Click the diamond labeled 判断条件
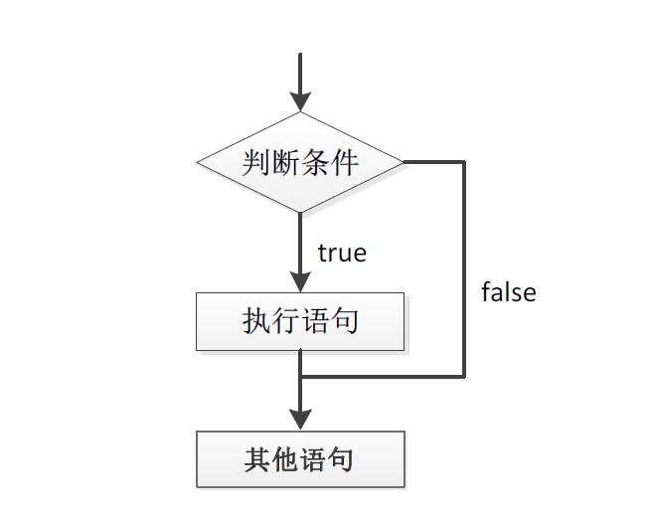300,162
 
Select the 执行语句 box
300,321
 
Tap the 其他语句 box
300,459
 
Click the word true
342,254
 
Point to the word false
508,292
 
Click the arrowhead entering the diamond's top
300,100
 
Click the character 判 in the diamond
257,162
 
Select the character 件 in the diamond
343,162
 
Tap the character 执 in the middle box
257,321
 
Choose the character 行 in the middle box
286,321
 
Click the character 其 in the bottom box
257,460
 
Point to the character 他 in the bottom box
286,460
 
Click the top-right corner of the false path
464,161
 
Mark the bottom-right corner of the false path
464,377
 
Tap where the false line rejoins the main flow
300,377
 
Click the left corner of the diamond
198,162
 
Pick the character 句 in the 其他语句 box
343,460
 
